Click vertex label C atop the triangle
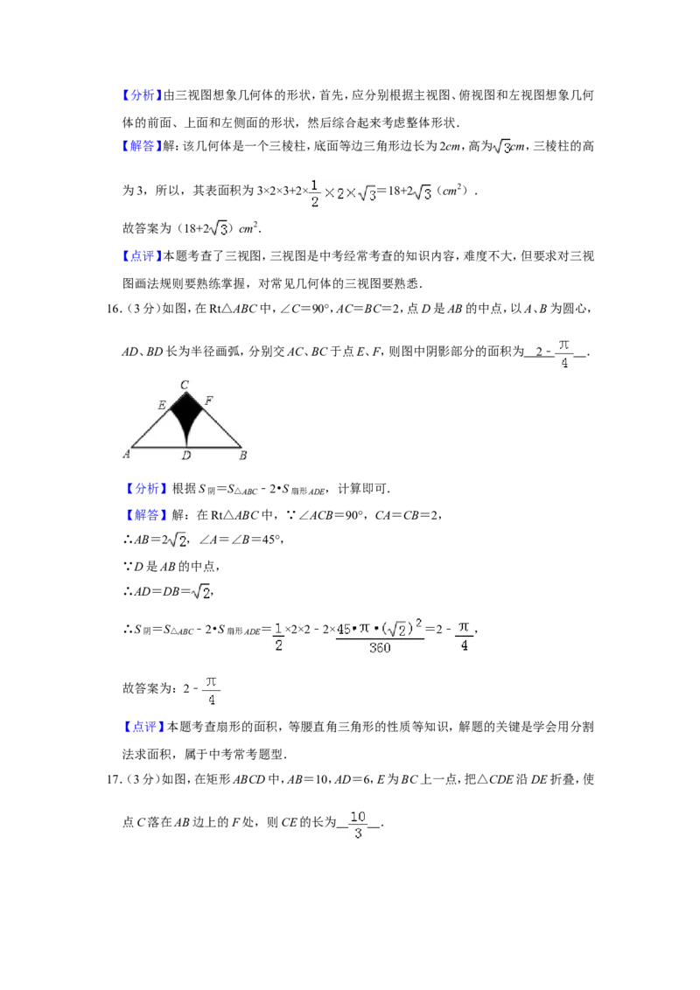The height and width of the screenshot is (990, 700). (185, 385)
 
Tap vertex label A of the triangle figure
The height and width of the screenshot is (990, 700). (126, 454)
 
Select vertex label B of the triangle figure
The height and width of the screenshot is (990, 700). (243, 456)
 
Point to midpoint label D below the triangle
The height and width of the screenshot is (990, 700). (186, 456)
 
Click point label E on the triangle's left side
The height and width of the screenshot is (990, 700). (162, 405)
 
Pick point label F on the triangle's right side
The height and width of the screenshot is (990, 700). (208, 401)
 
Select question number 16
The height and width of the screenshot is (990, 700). (115, 309)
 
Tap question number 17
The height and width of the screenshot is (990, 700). (115, 779)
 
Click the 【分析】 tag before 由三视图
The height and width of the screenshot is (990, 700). (138, 95)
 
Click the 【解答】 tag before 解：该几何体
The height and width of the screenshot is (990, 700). (138, 146)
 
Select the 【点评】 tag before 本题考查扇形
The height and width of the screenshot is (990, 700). (143, 727)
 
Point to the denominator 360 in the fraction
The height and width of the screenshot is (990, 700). (380, 648)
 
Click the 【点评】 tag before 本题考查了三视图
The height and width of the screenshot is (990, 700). (138, 256)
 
